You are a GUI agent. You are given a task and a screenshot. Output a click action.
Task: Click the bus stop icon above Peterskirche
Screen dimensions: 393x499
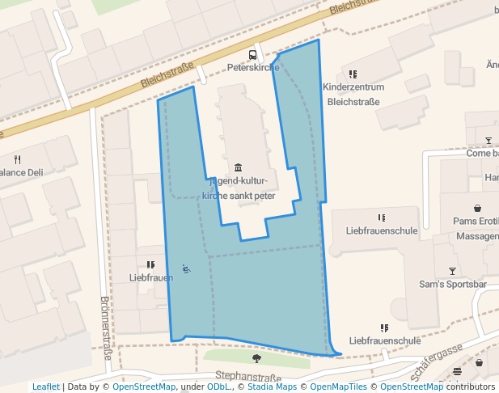[x=253, y=55]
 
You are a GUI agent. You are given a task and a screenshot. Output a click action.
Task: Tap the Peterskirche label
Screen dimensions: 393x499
[x=252, y=67]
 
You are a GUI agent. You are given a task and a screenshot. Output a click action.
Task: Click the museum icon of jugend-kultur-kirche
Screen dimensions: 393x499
[x=238, y=167]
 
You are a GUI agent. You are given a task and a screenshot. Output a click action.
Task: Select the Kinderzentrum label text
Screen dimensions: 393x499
[x=353, y=87]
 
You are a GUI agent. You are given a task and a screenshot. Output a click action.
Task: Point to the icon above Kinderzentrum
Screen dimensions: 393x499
[x=353, y=74]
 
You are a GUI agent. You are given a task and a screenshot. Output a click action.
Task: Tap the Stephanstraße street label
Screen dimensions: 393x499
[x=248, y=377]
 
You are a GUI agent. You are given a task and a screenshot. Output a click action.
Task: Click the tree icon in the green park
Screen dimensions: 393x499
[x=256, y=358]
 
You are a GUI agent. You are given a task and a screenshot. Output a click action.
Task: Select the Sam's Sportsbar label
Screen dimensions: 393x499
[x=452, y=284]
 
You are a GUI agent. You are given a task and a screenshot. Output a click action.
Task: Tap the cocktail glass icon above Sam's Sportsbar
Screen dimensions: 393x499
[x=452, y=271]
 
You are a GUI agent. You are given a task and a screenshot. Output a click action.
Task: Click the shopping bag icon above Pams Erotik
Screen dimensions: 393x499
[x=477, y=208]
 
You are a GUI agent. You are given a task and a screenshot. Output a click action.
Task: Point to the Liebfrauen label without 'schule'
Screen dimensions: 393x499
[x=151, y=277]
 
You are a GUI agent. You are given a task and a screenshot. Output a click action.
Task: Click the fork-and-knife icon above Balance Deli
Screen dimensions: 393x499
[x=17, y=159]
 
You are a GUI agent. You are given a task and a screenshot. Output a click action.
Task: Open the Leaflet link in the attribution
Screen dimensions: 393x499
[x=46, y=387]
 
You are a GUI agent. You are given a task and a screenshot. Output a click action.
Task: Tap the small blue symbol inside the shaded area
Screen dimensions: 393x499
[x=187, y=268]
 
